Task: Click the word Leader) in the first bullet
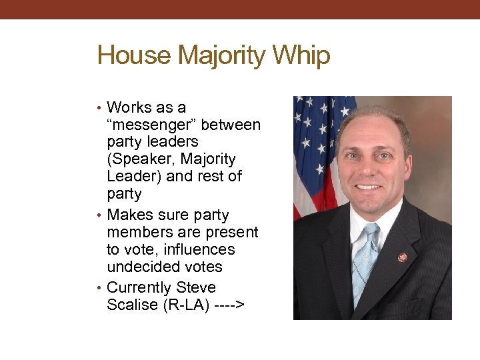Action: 133,177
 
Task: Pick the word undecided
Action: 141,267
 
